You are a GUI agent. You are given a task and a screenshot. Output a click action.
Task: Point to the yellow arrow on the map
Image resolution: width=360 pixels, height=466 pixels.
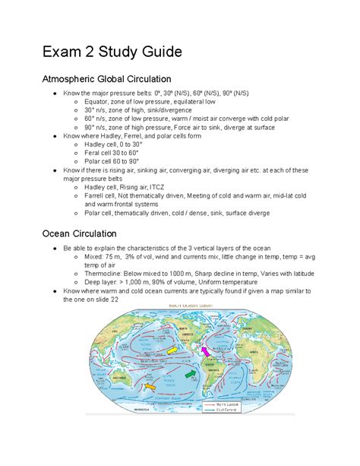171,349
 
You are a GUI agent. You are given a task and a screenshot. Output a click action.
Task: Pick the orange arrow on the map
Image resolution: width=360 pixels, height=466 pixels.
150,387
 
